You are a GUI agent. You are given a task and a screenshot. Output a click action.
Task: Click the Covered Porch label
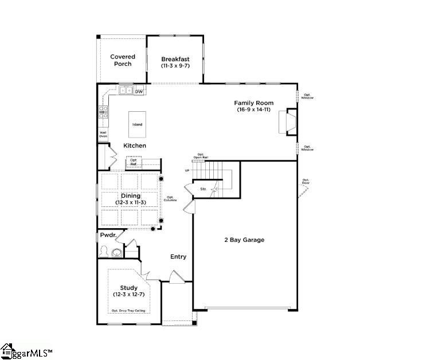[123, 60]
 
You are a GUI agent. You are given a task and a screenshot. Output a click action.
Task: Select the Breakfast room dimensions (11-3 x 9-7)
[175, 66]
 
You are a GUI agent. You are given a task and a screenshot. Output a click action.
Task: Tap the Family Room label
[253, 103]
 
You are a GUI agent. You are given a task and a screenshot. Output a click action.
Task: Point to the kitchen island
[137, 124]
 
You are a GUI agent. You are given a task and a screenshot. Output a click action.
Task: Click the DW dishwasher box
[139, 91]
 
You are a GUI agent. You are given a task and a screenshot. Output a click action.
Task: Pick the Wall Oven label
[103, 135]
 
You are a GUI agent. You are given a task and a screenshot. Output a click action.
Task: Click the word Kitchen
[135, 146]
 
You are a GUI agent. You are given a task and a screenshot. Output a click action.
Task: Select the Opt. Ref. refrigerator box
[134, 163]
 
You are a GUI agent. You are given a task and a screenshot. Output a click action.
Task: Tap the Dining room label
[130, 196]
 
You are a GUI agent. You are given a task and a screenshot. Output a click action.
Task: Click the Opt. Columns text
[170, 198]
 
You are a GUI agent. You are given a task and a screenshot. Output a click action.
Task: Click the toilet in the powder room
[105, 251]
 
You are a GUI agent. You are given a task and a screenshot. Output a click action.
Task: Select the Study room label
[128, 288]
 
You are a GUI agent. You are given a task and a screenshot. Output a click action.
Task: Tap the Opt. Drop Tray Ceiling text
[128, 311]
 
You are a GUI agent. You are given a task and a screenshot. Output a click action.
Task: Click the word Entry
[178, 257]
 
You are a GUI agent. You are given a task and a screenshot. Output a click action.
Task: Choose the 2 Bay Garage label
[244, 240]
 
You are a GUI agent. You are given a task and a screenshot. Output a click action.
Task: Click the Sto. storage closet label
[203, 189]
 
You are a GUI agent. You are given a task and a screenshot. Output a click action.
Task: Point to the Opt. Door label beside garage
[306, 182]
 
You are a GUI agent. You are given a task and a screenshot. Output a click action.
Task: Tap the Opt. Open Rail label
[201, 155]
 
